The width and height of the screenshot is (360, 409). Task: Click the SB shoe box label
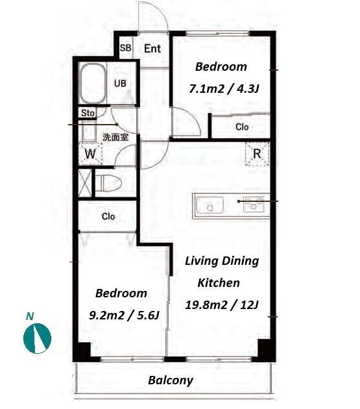click(x=125, y=48)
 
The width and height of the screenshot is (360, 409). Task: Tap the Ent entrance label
click(x=152, y=49)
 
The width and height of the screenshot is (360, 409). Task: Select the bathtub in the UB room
click(x=93, y=83)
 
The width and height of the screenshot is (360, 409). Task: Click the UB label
click(x=120, y=84)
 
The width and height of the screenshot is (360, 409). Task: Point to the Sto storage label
click(x=88, y=113)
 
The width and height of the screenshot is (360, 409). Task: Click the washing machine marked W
click(x=90, y=154)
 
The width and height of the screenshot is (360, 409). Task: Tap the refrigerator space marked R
click(x=257, y=154)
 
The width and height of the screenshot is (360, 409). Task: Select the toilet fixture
click(x=108, y=182)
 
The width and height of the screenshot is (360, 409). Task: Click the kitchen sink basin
click(x=210, y=205)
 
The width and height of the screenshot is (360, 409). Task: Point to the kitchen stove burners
click(x=254, y=204)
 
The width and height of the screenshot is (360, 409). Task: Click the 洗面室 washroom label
click(x=115, y=137)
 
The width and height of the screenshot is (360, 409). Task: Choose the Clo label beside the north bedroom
click(x=242, y=127)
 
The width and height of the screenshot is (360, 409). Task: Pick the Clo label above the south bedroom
click(x=108, y=216)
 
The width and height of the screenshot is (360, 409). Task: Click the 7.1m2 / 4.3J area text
click(x=224, y=89)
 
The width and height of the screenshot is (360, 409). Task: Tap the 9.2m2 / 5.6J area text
click(x=124, y=316)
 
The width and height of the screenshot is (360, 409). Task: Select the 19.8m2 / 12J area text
click(x=222, y=304)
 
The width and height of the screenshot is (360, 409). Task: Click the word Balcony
click(x=171, y=380)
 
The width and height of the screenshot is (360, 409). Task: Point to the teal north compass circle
click(x=37, y=338)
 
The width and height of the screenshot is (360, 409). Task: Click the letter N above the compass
click(x=30, y=316)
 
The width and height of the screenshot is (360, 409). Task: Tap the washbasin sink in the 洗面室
click(x=90, y=131)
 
